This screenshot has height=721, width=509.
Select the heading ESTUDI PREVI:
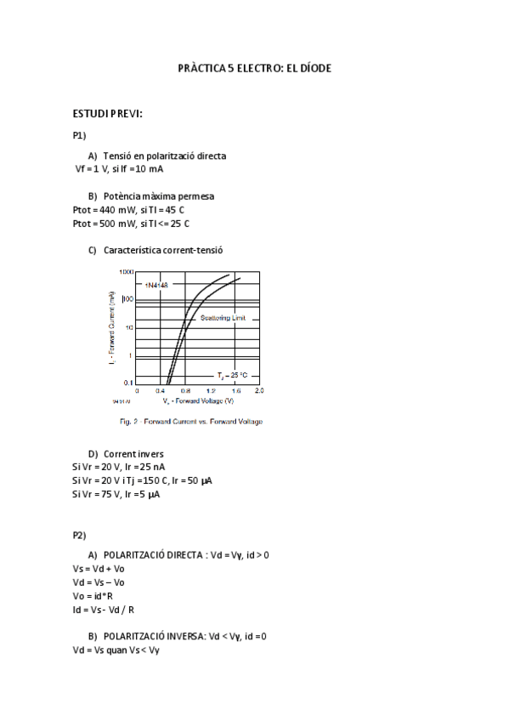(107, 114)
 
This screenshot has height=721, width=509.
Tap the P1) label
(80, 135)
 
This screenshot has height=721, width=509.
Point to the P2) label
(80, 535)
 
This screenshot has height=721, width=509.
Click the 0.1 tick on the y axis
(128, 383)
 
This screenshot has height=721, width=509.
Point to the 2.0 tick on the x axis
(259, 391)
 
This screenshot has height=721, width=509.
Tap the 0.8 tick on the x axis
(186, 391)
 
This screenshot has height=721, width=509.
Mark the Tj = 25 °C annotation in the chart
(231, 375)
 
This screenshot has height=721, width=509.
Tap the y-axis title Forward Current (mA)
(112, 327)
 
